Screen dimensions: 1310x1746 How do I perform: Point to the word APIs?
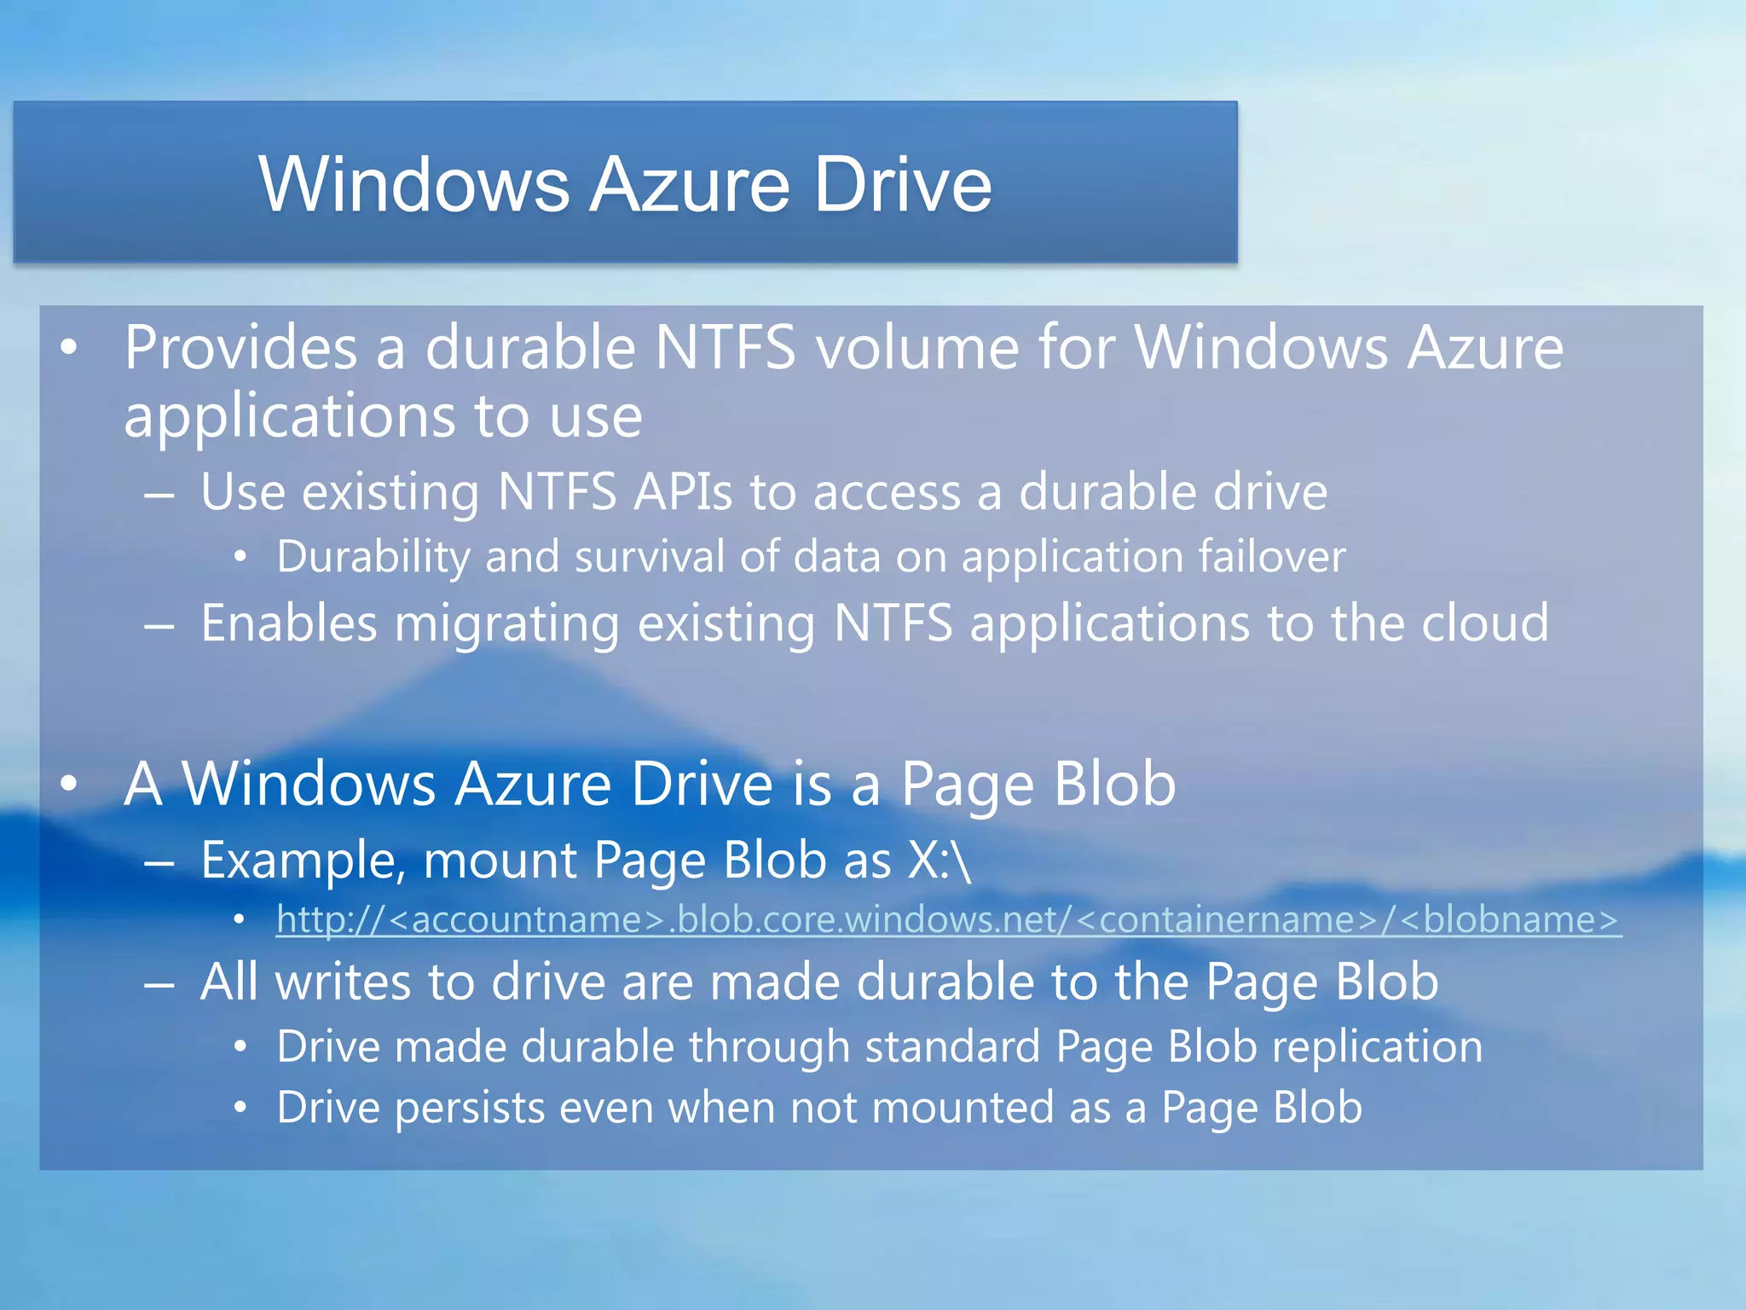coord(682,492)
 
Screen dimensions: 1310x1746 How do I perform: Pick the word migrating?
coord(507,623)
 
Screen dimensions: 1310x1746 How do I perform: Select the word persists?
coord(470,1108)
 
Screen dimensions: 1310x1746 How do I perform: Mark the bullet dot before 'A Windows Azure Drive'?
coord(69,784)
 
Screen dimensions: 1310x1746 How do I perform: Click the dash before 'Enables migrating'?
coord(159,625)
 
